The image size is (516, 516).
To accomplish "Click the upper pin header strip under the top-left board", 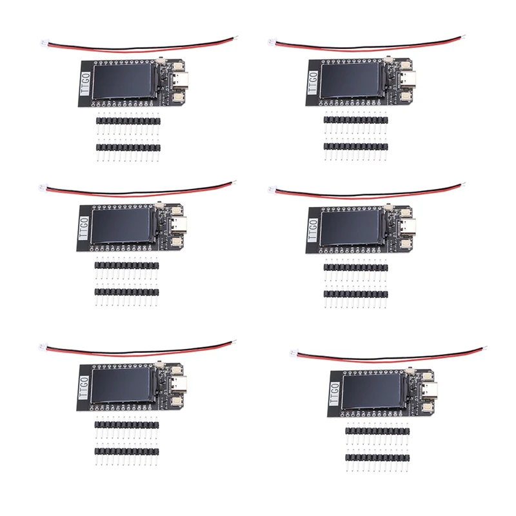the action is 128,121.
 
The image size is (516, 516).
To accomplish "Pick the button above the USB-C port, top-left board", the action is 177,65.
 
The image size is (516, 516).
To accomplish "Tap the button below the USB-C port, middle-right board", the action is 405,241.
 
